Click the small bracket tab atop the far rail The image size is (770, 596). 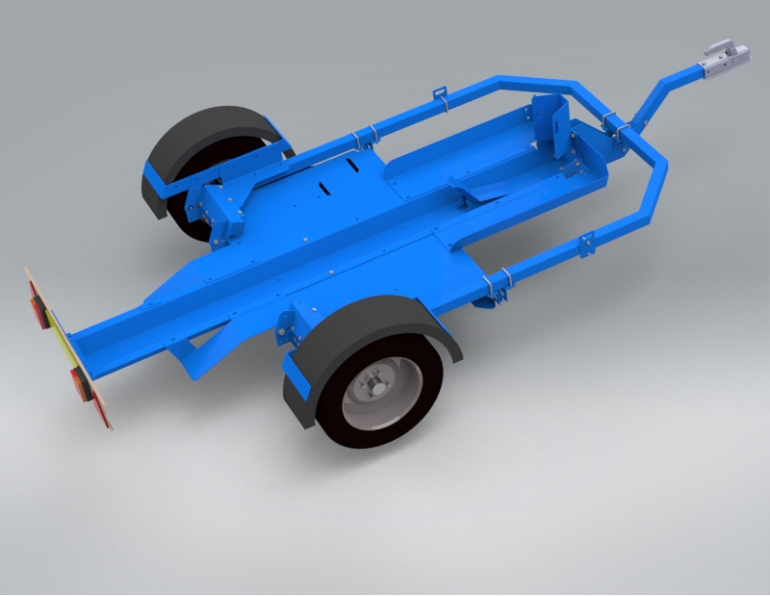click(x=441, y=94)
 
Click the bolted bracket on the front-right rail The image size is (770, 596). click(x=585, y=246)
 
